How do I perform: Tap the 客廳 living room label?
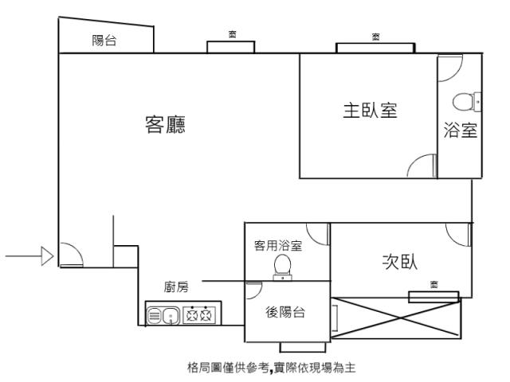coord(165,125)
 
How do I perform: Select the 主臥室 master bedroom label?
coord(370,111)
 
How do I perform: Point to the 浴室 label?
coord(461,131)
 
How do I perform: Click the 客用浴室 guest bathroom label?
coord(277,246)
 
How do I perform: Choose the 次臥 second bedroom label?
coord(401,262)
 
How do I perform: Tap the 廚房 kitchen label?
coord(177,286)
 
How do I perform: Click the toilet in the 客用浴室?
coord(283,267)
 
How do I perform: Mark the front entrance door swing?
coord(70,254)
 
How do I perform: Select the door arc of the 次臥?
coord(459,232)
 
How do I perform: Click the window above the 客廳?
coord(231,47)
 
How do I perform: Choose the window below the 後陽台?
coord(303,348)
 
